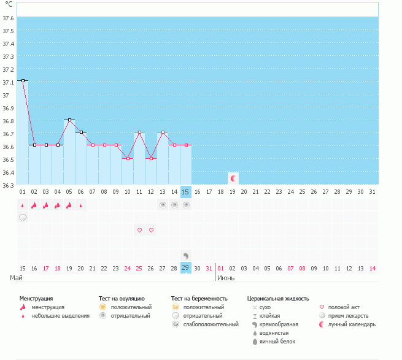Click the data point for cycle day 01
click(x=23, y=81)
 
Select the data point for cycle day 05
click(x=69, y=120)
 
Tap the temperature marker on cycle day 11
click(x=139, y=132)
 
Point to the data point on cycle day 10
click(x=128, y=158)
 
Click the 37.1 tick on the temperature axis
click(x=8, y=83)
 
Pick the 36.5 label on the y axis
click(x=8, y=159)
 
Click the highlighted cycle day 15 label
click(x=185, y=192)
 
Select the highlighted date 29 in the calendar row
click(x=185, y=268)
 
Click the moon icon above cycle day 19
click(x=233, y=178)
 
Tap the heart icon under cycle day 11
click(x=139, y=230)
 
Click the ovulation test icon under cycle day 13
click(x=163, y=205)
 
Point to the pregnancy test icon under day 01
click(x=23, y=218)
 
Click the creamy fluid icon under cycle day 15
click(x=186, y=256)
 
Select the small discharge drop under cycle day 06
click(x=81, y=205)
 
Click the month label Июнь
click(x=226, y=278)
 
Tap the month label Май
click(x=16, y=278)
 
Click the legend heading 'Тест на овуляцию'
click(x=122, y=299)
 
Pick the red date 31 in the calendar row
click(x=209, y=268)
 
